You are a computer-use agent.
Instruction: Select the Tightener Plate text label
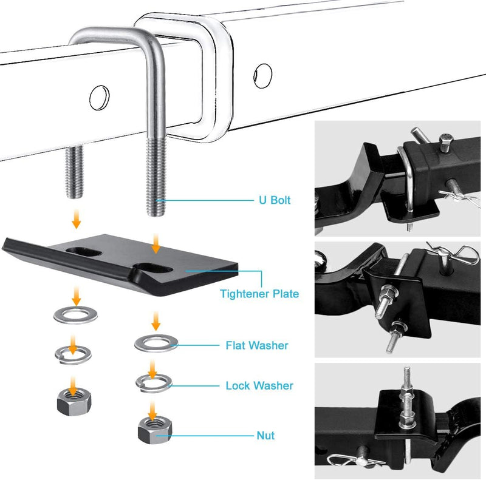(x=259, y=294)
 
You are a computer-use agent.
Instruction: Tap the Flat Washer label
(x=256, y=345)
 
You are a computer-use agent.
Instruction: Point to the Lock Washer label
(x=259, y=385)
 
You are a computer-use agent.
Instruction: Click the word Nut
(x=265, y=436)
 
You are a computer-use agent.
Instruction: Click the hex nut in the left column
(x=73, y=401)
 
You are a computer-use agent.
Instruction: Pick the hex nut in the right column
(x=154, y=430)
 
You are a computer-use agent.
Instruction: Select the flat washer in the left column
(x=73, y=315)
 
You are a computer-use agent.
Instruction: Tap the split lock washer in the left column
(x=73, y=353)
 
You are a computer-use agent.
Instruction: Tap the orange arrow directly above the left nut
(x=74, y=384)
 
